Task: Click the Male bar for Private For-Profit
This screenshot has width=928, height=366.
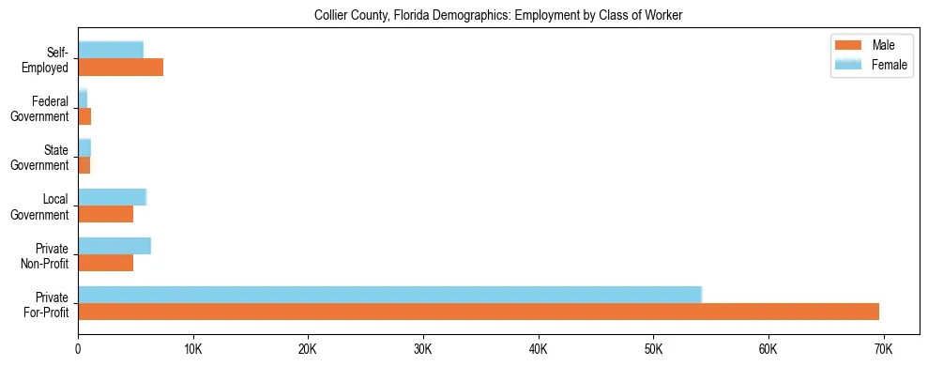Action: [x=479, y=312]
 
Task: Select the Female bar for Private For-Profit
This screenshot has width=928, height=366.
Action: [x=389, y=295]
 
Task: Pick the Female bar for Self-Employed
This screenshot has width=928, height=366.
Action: [x=111, y=50]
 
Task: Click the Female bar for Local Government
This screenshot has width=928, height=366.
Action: [x=112, y=197]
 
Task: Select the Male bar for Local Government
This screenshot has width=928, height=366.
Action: [x=105, y=214]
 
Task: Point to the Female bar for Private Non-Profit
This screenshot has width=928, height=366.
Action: [x=114, y=246]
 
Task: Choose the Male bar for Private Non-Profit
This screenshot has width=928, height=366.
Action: [x=105, y=263]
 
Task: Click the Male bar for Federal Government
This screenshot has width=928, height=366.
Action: [x=84, y=116]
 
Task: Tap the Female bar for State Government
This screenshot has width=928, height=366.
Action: [x=84, y=148]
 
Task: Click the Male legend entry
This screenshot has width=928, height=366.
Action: [x=868, y=45]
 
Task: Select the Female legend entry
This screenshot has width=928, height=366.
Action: [x=868, y=64]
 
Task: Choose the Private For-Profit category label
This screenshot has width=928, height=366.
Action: [x=46, y=304]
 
